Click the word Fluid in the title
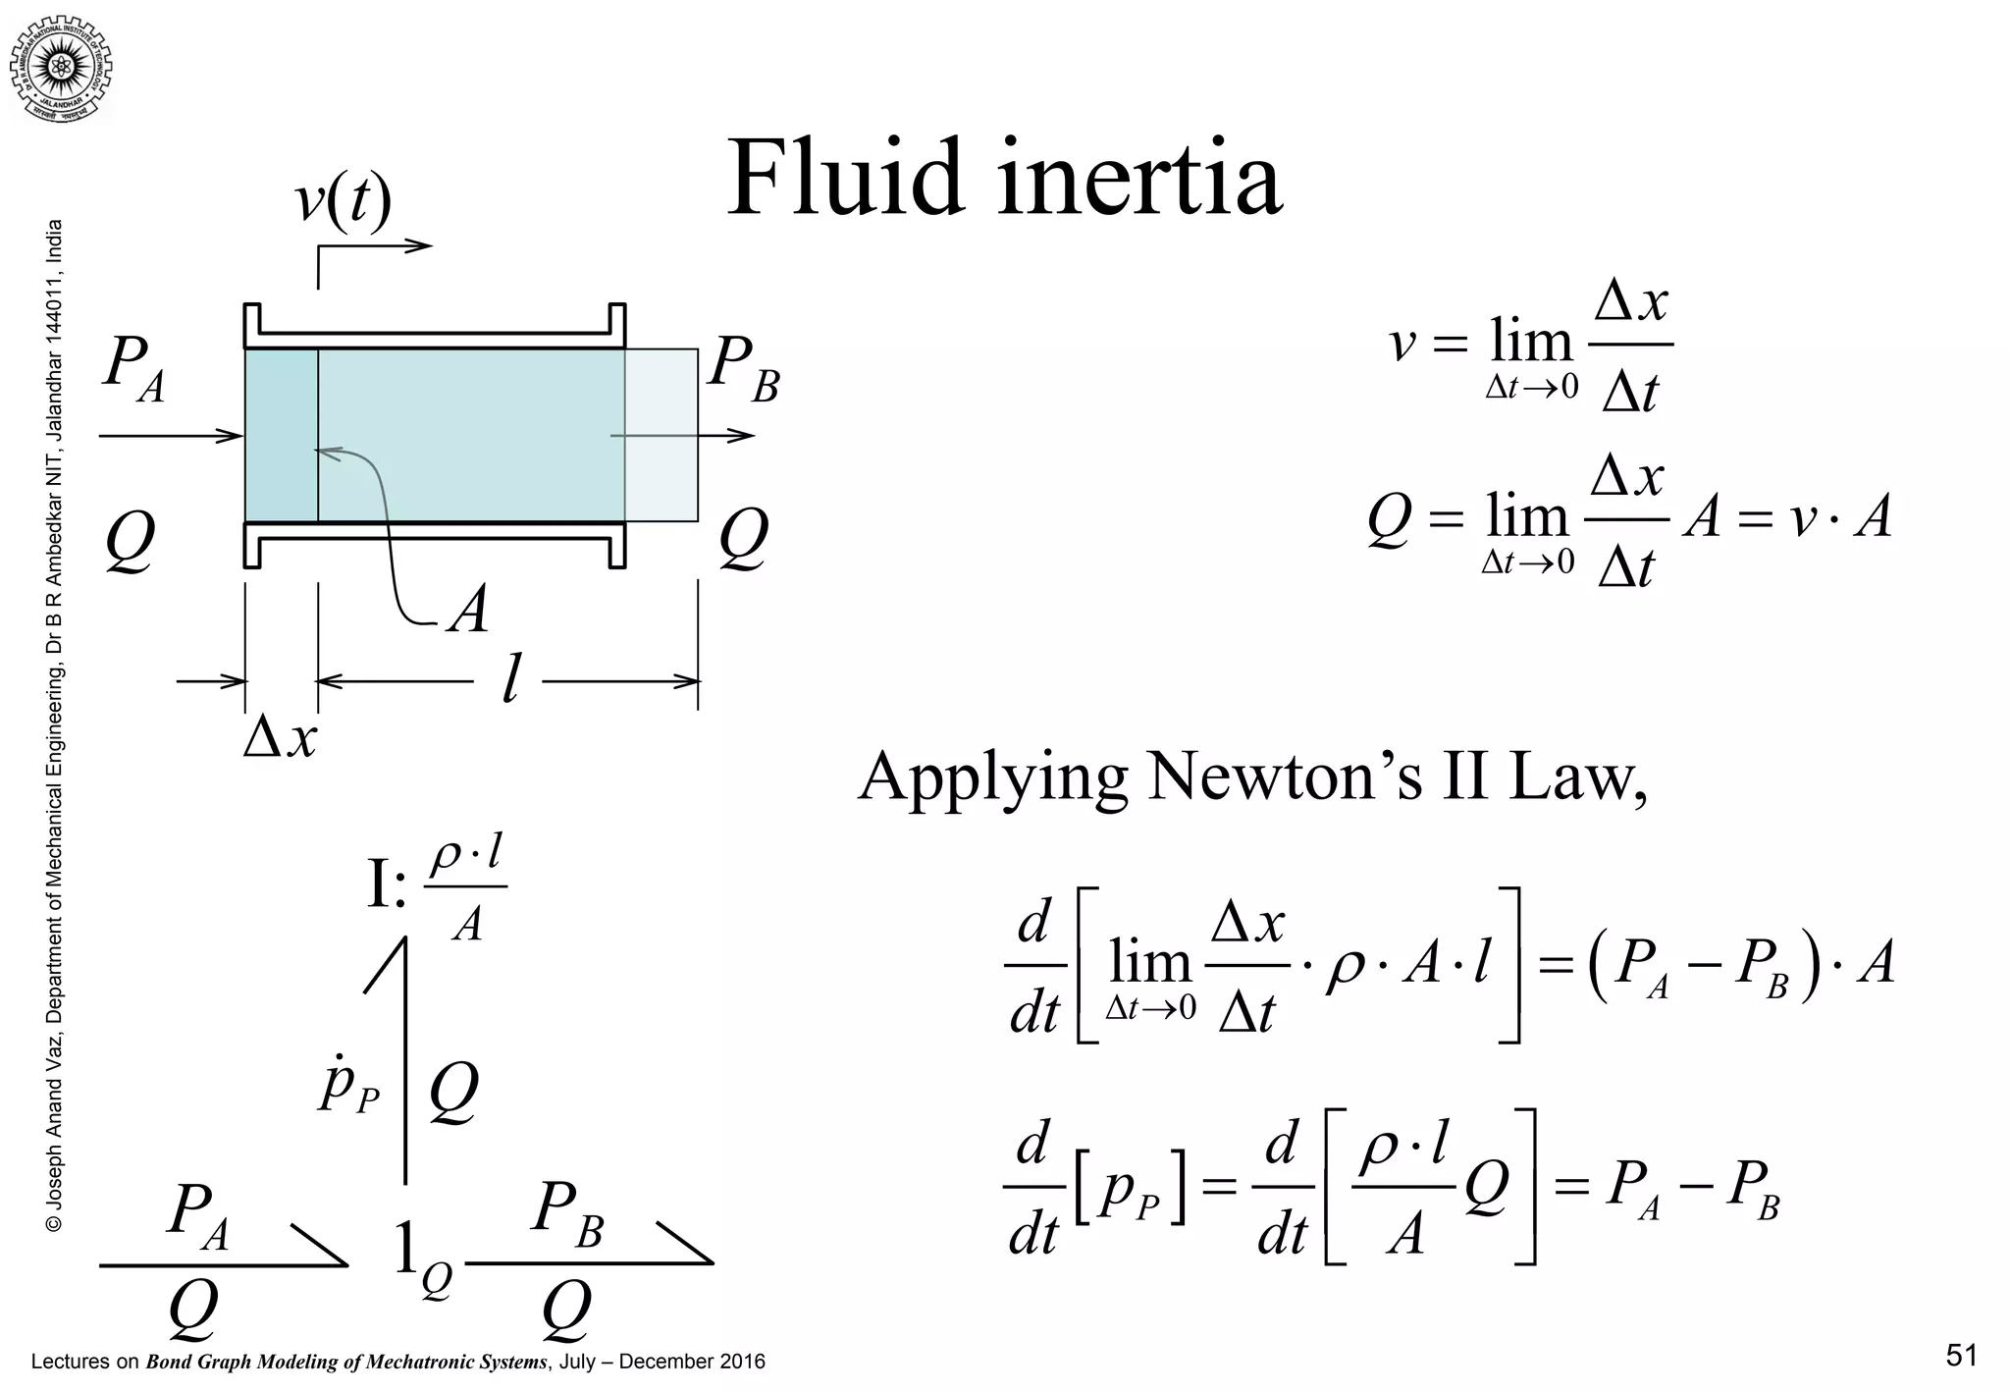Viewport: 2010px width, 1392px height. [x=846, y=180]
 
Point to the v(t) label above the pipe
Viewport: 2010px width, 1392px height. [x=344, y=201]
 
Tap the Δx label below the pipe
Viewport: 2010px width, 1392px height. [x=281, y=738]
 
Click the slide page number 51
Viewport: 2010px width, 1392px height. [x=1961, y=1356]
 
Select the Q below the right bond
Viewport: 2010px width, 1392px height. [x=566, y=1312]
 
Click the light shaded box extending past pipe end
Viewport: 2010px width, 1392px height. [x=661, y=435]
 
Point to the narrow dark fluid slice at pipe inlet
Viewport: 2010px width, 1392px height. [x=281, y=435]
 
